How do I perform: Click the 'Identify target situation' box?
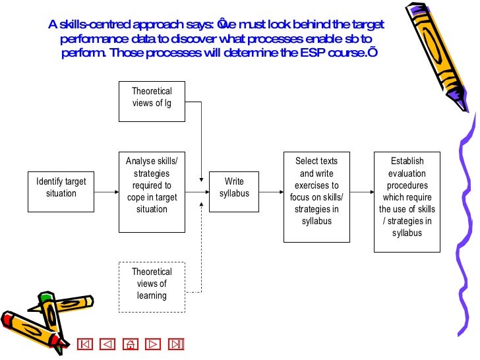61,188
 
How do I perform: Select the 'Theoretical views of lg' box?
152,101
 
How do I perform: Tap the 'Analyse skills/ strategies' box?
152,191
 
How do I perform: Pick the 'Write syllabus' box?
234,191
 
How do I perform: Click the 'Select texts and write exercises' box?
316,196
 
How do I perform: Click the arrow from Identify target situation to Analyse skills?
107,192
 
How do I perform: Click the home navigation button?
131,344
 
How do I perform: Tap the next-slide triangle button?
154,344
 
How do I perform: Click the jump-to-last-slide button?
176,344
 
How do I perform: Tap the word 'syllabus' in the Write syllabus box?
234,194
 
